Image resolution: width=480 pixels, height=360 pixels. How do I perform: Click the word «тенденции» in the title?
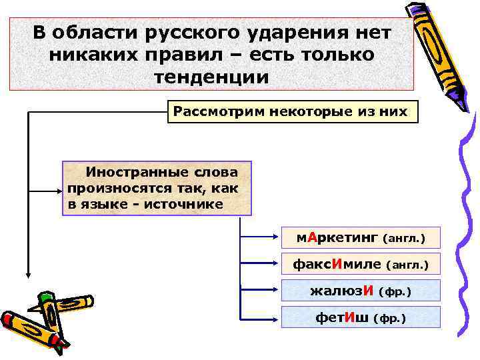click(x=211, y=76)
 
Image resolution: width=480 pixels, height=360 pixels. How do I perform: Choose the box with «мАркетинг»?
click(x=361, y=237)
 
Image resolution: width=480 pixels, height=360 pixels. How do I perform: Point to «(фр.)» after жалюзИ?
click(x=395, y=291)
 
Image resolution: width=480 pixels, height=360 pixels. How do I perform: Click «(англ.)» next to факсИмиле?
click(x=407, y=265)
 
